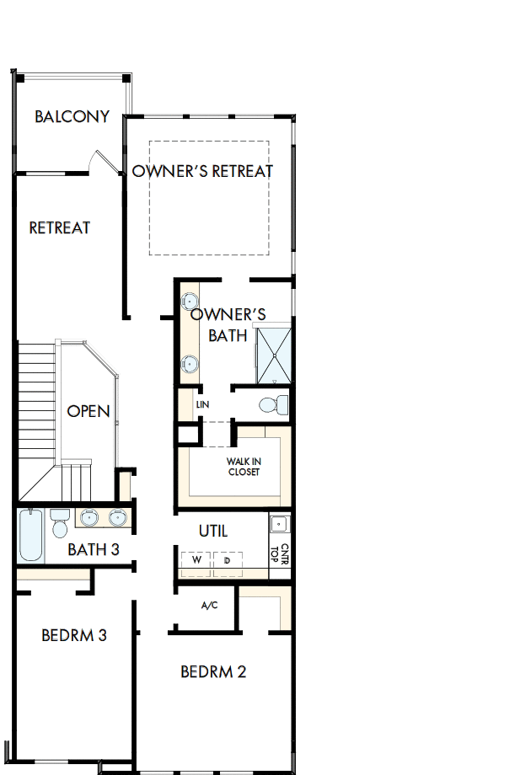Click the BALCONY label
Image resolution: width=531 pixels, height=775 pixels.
(72, 116)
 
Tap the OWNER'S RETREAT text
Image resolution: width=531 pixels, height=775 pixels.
(202, 171)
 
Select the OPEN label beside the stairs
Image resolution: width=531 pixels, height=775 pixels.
(88, 411)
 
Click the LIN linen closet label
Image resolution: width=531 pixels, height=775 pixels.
(201, 404)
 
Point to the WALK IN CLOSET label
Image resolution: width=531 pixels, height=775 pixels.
(243, 467)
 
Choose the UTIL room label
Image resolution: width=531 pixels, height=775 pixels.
(213, 532)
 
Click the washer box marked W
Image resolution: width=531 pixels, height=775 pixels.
(196, 561)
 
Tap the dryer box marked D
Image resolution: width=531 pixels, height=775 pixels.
(227, 561)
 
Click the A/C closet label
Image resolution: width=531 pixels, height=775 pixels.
(210, 605)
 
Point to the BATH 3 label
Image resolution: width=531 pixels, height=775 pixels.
(94, 550)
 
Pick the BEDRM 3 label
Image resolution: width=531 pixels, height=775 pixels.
(74, 635)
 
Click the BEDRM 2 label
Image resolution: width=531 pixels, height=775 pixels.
(213, 671)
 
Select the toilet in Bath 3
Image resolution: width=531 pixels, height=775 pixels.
(59, 523)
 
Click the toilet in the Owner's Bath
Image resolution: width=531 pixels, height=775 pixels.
(269, 404)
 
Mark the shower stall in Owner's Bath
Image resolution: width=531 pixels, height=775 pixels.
(274, 355)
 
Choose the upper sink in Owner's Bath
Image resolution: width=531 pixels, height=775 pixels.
(191, 301)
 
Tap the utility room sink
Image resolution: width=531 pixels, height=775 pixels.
(280, 524)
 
